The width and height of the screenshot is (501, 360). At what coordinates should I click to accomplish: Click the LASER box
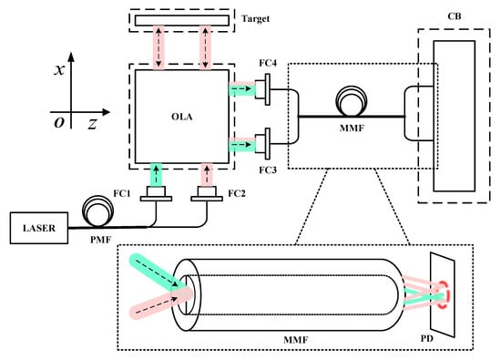[x=39, y=228]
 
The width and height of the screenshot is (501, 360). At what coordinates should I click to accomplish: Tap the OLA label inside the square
[x=182, y=117]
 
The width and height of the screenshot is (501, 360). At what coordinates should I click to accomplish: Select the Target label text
[x=255, y=19]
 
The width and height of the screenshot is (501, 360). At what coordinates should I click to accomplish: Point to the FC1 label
[x=122, y=193]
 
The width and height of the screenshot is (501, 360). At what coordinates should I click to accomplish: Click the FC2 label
[x=237, y=193]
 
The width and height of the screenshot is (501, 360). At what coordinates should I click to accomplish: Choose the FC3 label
[x=268, y=170]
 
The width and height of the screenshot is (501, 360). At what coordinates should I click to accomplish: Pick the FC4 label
[x=268, y=63]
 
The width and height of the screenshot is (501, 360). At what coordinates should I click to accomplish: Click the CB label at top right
[x=455, y=16]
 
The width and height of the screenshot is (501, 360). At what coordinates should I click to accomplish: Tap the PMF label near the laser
[x=100, y=240]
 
